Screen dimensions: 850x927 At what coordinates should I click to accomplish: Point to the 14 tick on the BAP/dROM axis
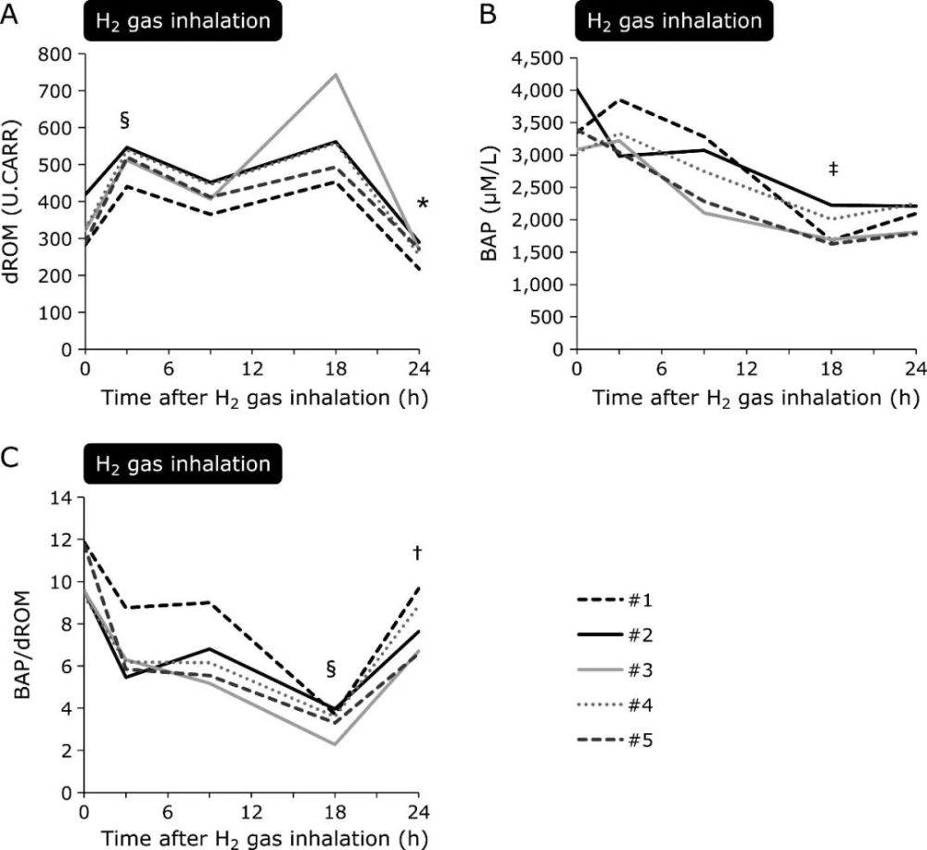click(63, 497)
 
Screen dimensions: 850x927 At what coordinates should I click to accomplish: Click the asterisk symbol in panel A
click(423, 206)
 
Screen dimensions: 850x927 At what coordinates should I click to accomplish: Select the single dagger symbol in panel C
click(417, 553)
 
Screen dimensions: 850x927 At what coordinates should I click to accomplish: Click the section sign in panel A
click(125, 119)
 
